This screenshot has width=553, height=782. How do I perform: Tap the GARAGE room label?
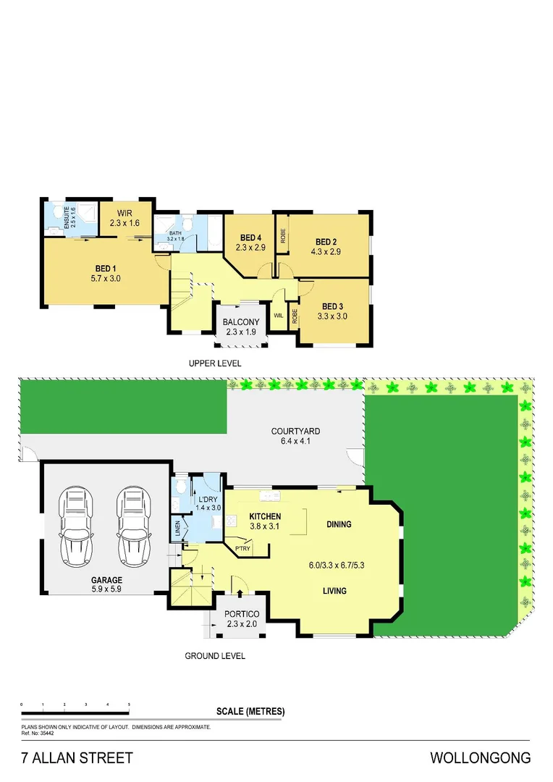[106, 580]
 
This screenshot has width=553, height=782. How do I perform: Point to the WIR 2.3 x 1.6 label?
[124, 219]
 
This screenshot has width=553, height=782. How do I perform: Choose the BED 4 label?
[250, 237]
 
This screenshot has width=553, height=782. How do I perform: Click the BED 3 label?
[334, 306]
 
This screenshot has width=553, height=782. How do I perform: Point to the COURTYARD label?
[296, 432]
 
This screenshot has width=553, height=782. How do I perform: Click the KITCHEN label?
[265, 516]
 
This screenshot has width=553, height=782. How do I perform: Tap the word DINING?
[339, 524]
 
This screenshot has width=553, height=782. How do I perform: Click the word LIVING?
[334, 591]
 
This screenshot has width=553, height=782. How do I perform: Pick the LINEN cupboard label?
[178, 529]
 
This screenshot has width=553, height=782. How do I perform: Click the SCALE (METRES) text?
[250, 711]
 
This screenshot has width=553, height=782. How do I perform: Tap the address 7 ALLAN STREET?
[77, 758]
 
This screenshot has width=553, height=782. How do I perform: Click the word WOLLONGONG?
[480, 758]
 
